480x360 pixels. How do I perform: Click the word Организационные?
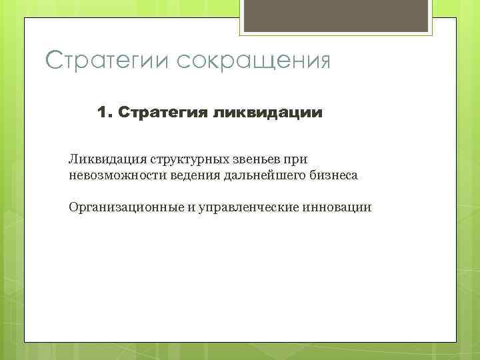pyautogui.click(x=126, y=207)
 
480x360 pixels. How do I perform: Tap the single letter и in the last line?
pyautogui.click(x=191, y=208)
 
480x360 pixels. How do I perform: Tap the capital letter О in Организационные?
pyautogui.click(x=73, y=207)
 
